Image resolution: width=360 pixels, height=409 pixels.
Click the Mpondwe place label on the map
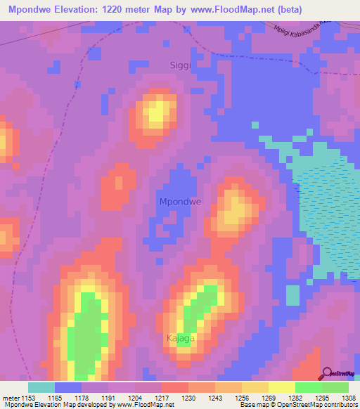point(180,202)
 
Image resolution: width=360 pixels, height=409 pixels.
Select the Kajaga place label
point(180,338)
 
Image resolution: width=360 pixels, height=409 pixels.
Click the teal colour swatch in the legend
point(41,387)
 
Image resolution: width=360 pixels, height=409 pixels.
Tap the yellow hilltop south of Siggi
point(158,112)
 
